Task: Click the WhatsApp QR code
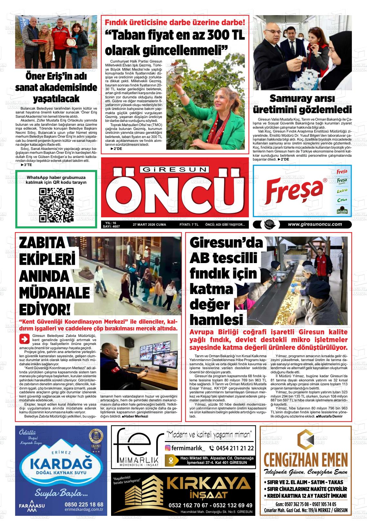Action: click(56, 206)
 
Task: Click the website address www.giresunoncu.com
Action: click(315, 224)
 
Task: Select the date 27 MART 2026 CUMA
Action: click(149, 225)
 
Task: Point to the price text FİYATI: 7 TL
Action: click(189, 225)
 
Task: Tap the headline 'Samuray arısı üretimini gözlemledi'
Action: click(302, 104)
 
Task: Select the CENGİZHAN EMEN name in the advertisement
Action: click(305, 459)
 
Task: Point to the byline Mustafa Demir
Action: click(331, 417)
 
